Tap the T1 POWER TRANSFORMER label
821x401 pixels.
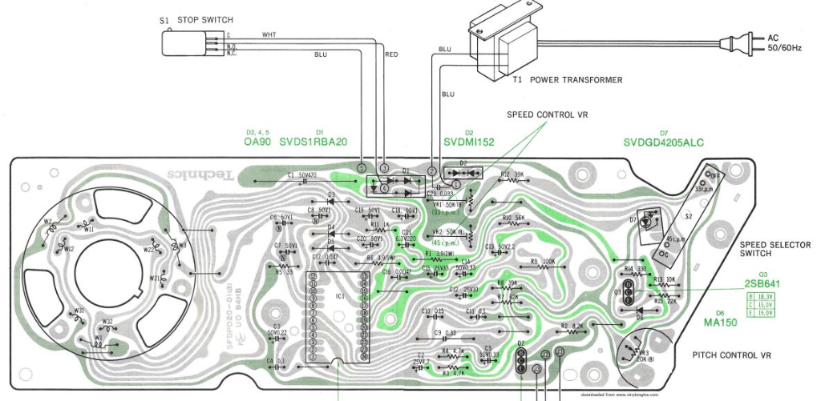(568, 80)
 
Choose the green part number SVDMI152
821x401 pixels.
(469, 142)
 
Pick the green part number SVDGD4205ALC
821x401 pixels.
(663, 142)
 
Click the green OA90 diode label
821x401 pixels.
(258, 142)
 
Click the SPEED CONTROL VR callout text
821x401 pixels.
(548, 114)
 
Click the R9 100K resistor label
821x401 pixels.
(543, 261)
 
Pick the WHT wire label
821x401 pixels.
(269, 35)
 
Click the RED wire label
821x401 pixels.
(391, 54)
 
